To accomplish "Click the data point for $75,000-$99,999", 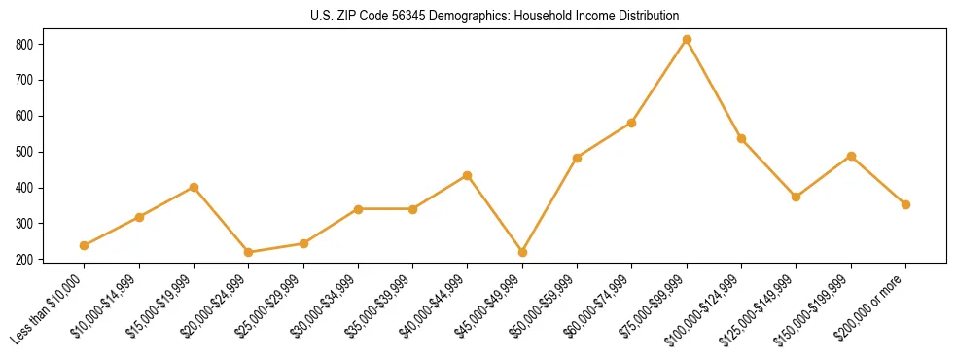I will click(x=687, y=39).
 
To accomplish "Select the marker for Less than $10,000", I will click(x=85, y=245).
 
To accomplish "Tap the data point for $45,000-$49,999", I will click(x=522, y=252).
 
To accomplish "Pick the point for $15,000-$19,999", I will click(x=195, y=187).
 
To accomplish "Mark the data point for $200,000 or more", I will click(x=905, y=204).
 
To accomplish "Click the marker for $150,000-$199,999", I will click(x=851, y=156).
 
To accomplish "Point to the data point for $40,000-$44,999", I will click(x=468, y=175).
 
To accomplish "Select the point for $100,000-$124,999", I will click(x=741, y=138).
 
